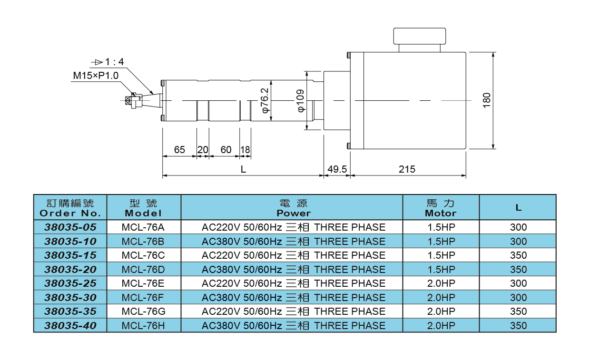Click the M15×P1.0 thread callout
tap(95, 75)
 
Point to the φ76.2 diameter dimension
tap(265, 100)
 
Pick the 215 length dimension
tap(407, 169)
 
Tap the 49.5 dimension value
tap(337, 169)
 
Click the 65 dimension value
tap(179, 150)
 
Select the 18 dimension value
tap(245, 150)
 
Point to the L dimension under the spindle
tap(243, 169)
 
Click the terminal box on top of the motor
tap(419, 36)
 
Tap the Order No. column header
tap(70, 208)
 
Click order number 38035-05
tap(70, 227)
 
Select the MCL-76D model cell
tap(143, 270)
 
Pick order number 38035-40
tap(70, 326)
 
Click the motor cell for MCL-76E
tap(441, 283)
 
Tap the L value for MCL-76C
tap(518, 255)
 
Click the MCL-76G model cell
tap(143, 311)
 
